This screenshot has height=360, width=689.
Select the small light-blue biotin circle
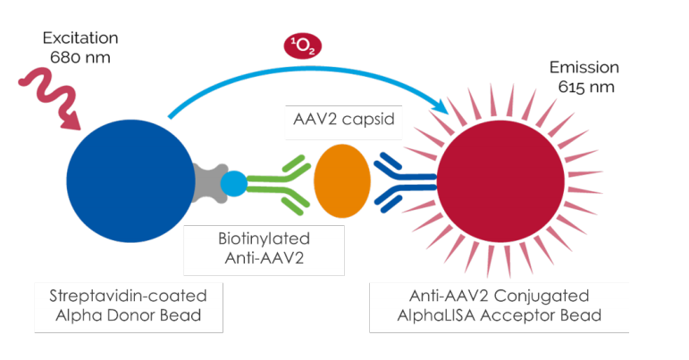click(233, 184)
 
